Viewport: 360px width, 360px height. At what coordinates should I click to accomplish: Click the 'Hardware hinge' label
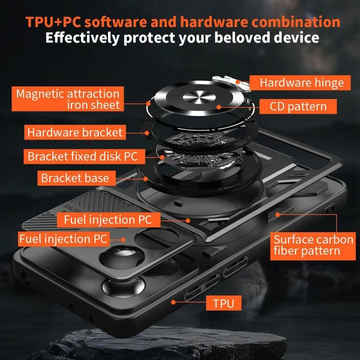tap(300, 83)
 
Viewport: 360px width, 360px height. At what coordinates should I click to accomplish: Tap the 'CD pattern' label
tap(298, 106)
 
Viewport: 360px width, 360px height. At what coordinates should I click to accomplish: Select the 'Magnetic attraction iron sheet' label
tap(68, 99)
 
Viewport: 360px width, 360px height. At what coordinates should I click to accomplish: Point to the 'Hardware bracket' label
tap(75, 132)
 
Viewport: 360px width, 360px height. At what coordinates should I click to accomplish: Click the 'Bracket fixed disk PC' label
tap(84, 156)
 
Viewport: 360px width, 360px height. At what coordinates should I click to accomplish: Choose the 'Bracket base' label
tap(76, 178)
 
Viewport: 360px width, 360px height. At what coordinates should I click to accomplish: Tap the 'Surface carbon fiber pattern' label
tap(313, 246)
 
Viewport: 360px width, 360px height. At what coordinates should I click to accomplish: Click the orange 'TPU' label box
tap(224, 303)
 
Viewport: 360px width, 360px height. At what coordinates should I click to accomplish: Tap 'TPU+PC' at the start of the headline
tap(53, 22)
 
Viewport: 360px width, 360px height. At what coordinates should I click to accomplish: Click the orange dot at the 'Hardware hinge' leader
tap(238, 81)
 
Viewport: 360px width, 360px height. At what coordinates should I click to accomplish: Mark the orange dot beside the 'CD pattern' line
tap(219, 107)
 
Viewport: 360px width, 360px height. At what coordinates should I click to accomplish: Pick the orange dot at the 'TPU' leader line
tap(173, 302)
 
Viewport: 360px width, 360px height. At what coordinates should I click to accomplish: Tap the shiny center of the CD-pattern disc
tap(199, 97)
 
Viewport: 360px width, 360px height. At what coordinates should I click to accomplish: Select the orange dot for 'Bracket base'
tap(145, 179)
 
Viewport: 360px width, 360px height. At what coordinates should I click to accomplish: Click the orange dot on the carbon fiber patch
tap(278, 215)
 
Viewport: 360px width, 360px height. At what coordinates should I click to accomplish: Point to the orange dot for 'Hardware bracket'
tap(147, 133)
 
